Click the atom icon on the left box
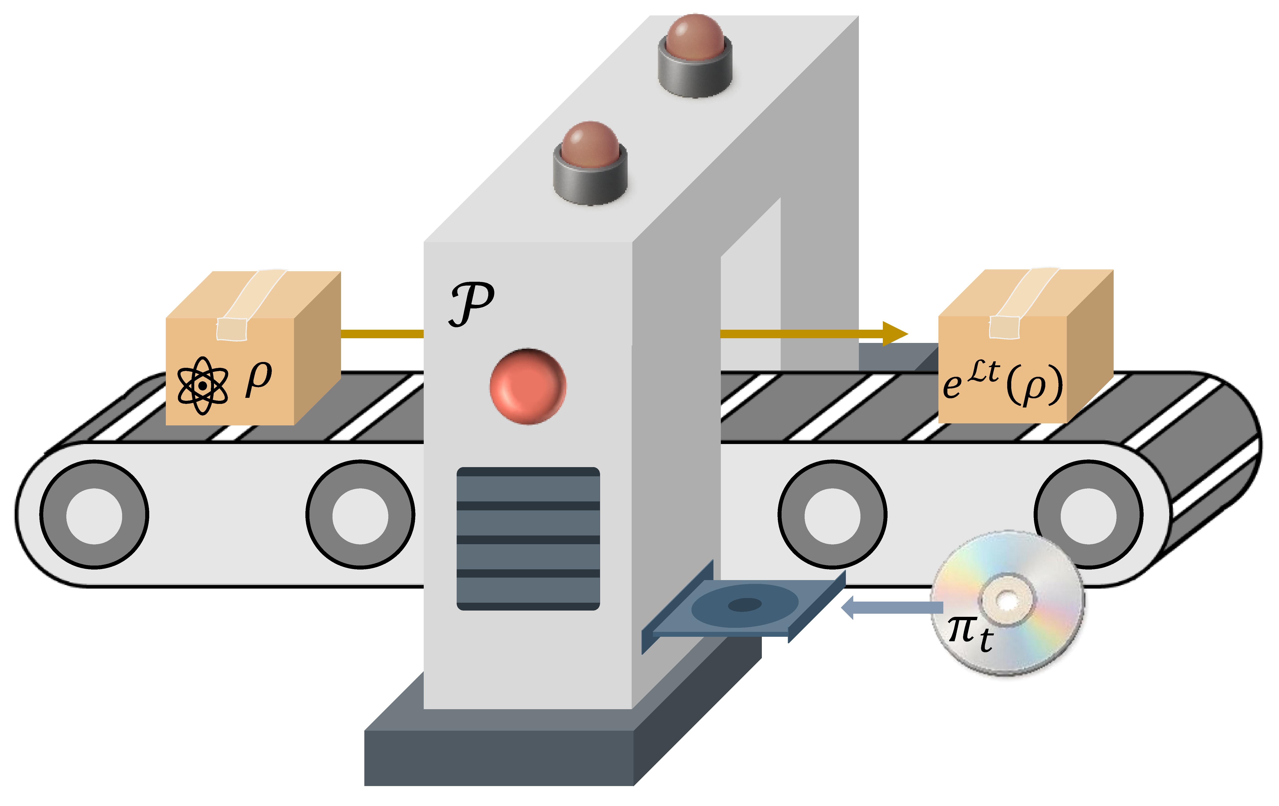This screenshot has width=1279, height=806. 202,385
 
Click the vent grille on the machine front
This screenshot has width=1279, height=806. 528,538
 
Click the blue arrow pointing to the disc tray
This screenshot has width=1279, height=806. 892,607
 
